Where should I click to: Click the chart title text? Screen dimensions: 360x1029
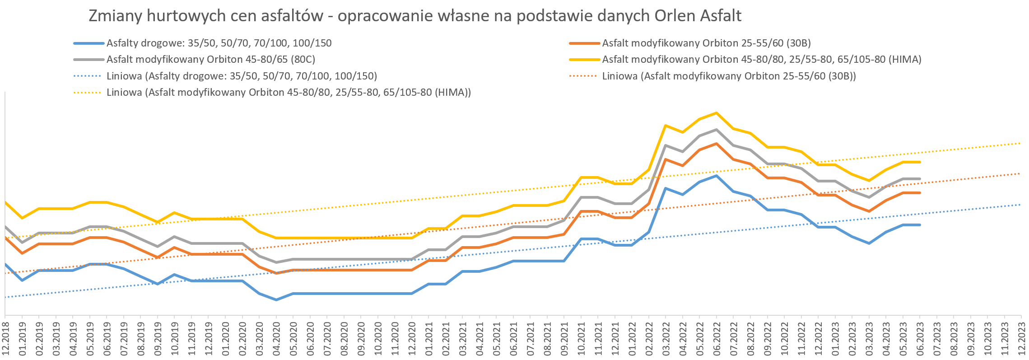coord(414,16)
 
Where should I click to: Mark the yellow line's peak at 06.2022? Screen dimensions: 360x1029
coord(716,113)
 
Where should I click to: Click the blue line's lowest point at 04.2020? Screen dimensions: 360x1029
coord(276,299)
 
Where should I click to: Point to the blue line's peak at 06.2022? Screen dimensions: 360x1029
coord(716,176)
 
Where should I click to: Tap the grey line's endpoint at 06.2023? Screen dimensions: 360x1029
coord(920,179)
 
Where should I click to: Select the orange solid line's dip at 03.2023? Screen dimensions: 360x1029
coord(869,211)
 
